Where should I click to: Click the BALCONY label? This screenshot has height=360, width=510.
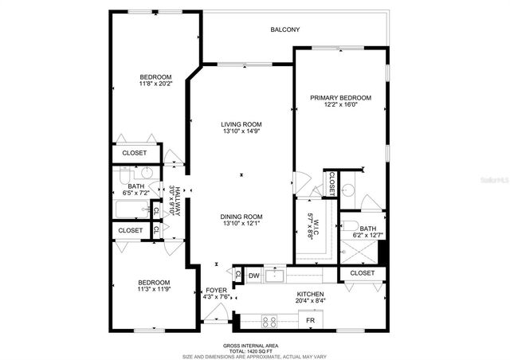(284, 29)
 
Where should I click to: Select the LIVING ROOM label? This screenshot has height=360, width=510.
(241, 124)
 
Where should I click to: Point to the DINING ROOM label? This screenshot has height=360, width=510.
(241, 217)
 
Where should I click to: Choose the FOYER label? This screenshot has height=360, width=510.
(216, 290)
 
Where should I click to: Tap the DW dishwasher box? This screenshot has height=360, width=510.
(253, 276)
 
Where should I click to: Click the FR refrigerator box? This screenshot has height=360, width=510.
(311, 320)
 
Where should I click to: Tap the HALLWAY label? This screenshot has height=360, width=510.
(177, 200)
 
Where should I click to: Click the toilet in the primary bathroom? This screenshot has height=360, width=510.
(347, 190)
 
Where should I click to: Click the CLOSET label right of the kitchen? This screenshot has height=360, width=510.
(362, 273)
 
